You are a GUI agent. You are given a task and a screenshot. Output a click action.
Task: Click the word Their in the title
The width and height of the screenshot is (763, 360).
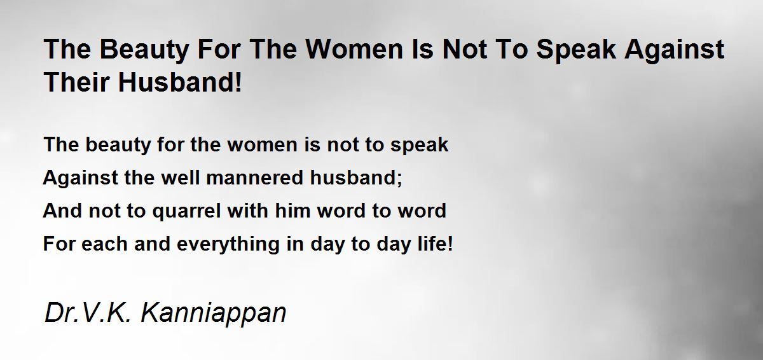[x=77, y=82]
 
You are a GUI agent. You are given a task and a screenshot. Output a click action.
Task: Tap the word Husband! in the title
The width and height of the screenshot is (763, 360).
[x=180, y=82]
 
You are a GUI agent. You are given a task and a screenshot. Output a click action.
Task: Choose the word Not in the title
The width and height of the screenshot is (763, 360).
[x=465, y=49]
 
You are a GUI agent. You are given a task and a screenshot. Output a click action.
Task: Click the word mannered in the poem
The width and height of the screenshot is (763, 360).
[x=254, y=177]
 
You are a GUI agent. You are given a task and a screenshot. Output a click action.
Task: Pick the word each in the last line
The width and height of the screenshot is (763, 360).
[x=104, y=244]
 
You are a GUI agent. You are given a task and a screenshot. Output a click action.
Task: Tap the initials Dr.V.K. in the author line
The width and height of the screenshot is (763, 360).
[x=88, y=312]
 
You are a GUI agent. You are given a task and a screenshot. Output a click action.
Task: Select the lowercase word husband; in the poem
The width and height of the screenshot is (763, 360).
[x=356, y=178]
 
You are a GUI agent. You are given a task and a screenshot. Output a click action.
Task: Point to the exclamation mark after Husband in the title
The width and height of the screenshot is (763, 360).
[x=238, y=82]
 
